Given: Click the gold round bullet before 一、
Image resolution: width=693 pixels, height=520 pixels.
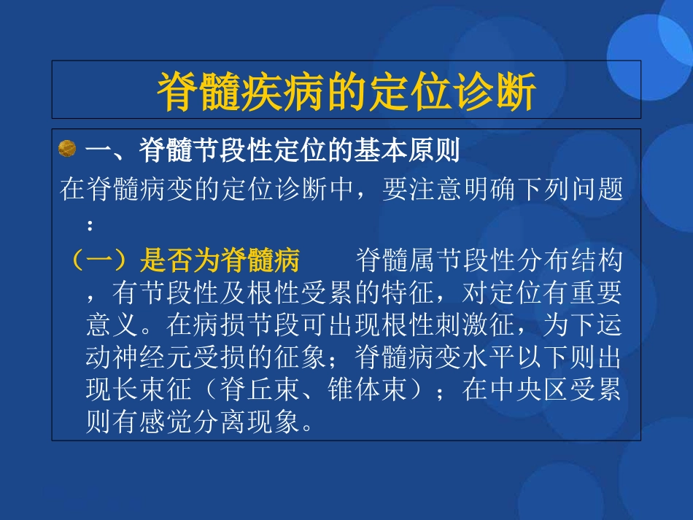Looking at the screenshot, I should pos(67,150).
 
